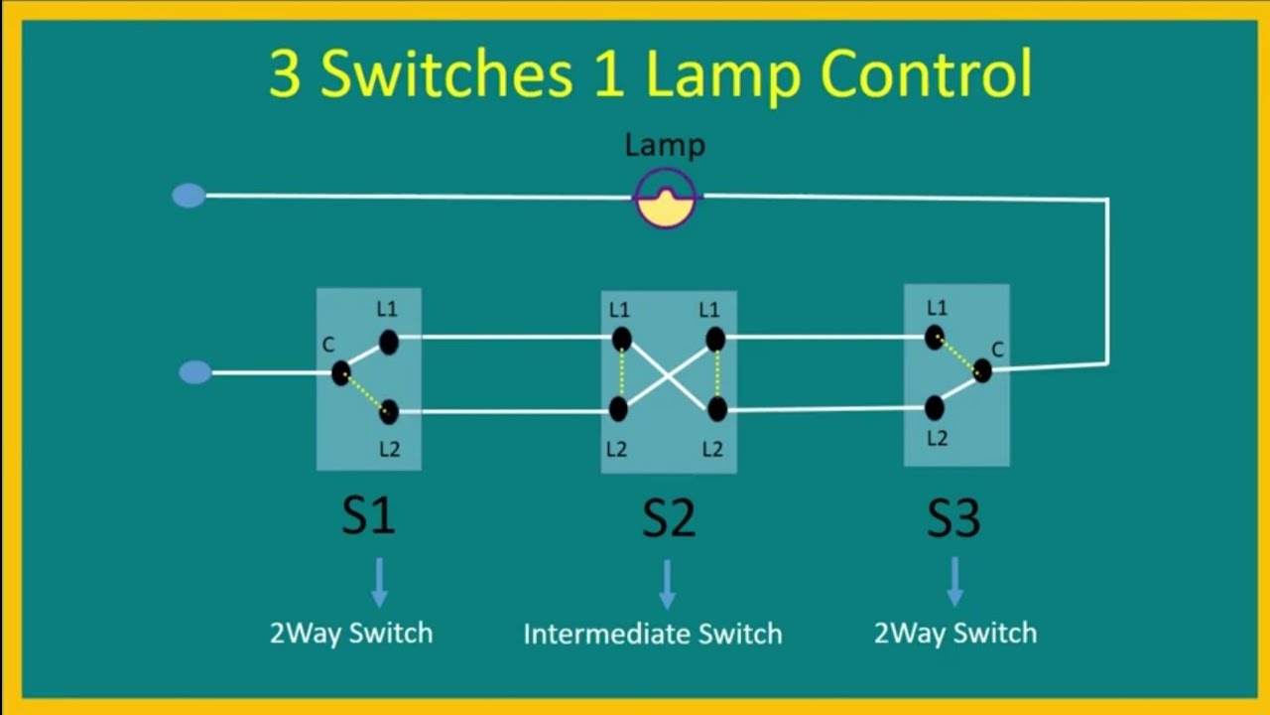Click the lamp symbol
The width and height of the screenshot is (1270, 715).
(666, 198)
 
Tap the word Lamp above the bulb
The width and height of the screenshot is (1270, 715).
(665, 145)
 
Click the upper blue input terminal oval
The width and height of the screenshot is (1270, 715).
(189, 196)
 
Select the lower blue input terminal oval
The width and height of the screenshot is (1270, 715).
(195, 372)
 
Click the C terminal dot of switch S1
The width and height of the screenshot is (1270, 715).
(340, 373)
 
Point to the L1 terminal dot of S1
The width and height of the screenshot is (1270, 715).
(389, 343)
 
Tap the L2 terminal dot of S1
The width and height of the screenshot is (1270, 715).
(389, 411)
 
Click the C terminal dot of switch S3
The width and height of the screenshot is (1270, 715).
(982, 371)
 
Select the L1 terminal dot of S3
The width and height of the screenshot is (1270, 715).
(935, 338)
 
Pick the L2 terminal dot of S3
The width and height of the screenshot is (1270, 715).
(934, 407)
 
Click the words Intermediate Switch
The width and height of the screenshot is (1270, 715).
(653, 634)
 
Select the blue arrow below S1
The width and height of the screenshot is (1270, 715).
(379, 583)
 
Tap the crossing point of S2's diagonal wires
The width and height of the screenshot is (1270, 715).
(668, 374)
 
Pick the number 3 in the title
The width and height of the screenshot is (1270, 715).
(285, 75)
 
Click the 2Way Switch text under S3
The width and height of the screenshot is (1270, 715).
(954, 633)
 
